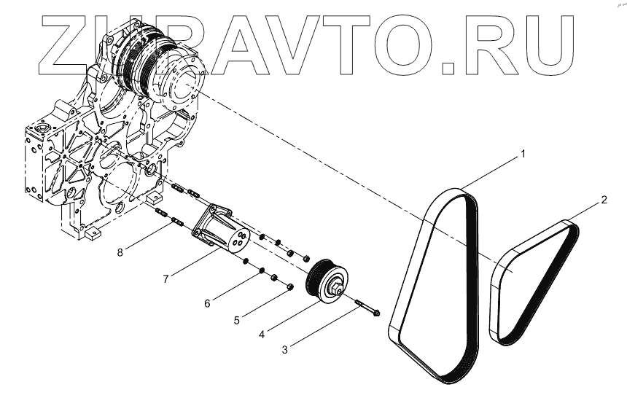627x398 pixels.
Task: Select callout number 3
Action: click(x=285, y=349)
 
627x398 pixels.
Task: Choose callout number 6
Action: click(x=207, y=302)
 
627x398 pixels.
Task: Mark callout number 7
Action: click(x=167, y=278)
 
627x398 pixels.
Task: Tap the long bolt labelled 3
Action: click(x=369, y=308)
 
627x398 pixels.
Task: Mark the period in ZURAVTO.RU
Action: click(x=455, y=67)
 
